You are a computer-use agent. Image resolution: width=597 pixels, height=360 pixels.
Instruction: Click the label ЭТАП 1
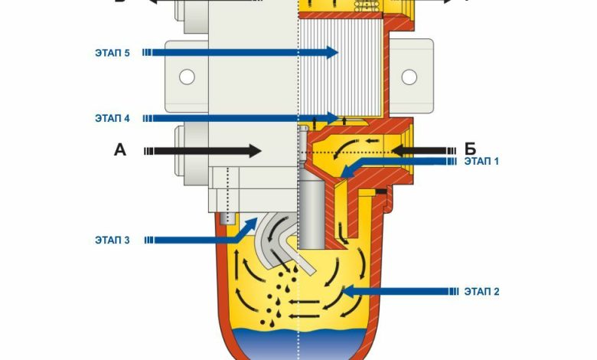point(482,162)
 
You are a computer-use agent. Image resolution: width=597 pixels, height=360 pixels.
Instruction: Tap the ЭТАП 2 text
point(482,291)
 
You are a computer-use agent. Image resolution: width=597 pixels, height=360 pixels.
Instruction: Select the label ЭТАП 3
point(113,240)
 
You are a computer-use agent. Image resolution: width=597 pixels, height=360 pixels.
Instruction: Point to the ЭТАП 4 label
point(113,118)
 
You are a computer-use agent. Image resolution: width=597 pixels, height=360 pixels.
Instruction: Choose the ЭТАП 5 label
point(113,52)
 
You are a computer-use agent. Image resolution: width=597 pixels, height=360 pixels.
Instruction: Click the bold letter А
point(120,150)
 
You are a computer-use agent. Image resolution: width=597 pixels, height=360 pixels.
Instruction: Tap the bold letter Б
point(469,149)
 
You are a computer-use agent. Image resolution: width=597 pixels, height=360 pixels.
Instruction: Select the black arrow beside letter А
point(207,151)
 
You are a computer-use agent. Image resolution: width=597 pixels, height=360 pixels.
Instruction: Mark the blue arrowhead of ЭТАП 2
point(348,291)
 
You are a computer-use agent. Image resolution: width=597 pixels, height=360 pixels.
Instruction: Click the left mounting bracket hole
point(184,77)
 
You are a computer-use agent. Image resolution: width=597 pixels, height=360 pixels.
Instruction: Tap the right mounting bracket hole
point(409,77)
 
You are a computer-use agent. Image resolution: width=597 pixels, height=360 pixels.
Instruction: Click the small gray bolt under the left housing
point(226,219)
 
